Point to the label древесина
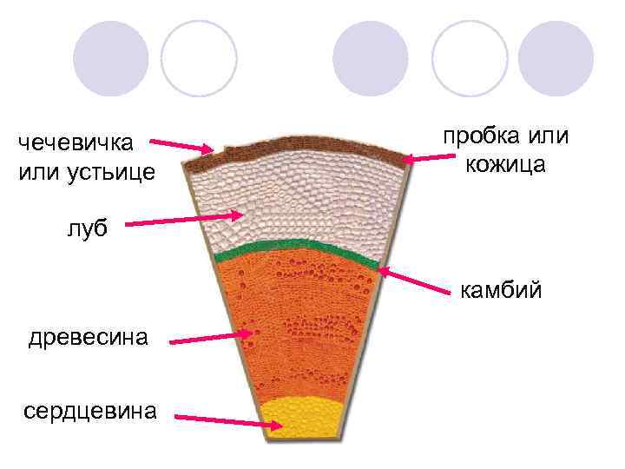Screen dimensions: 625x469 coord(87,336)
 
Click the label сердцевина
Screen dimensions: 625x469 coord(89,409)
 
